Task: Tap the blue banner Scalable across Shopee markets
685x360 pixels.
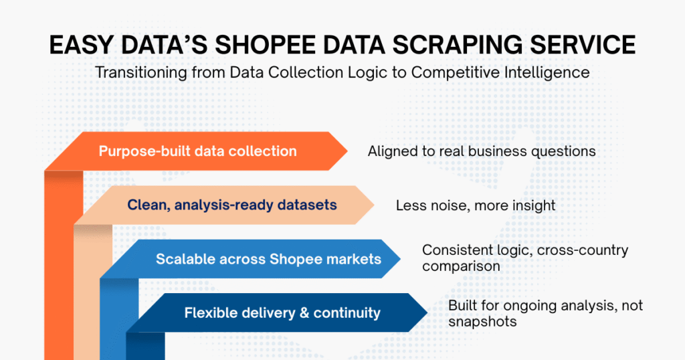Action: point(268,258)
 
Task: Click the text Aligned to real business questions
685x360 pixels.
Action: point(482,151)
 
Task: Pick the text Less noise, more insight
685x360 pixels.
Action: point(475,205)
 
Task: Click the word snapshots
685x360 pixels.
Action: point(482,321)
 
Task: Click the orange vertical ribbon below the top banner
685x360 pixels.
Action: point(64,268)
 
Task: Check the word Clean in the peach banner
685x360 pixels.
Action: point(147,205)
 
